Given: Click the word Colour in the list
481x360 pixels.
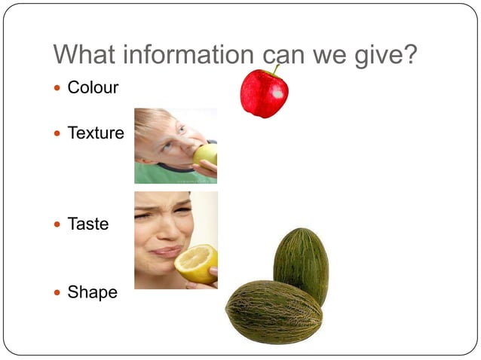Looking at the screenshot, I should click(x=93, y=87).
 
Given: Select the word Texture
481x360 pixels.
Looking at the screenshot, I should click(x=96, y=133).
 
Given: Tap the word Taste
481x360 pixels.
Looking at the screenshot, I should click(x=88, y=224).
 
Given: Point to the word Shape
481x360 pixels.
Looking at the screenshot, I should click(x=92, y=292).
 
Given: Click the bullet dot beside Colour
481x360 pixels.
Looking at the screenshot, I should click(x=59, y=88).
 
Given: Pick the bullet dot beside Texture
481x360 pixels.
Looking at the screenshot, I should click(x=59, y=134).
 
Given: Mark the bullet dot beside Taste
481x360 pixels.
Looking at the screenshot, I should click(x=59, y=224).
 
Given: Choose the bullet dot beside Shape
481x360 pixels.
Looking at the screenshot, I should click(x=59, y=293).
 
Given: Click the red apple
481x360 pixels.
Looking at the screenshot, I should click(x=263, y=96).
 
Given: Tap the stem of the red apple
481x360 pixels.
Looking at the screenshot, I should click(x=276, y=70).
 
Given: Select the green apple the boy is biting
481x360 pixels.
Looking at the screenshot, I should click(x=205, y=154).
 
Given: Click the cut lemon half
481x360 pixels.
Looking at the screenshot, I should click(x=195, y=264).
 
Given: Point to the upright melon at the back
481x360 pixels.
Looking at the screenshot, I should click(x=301, y=263).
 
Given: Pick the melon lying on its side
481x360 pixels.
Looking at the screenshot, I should click(x=274, y=312).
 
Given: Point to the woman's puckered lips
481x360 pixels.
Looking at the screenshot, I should click(x=168, y=252).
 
